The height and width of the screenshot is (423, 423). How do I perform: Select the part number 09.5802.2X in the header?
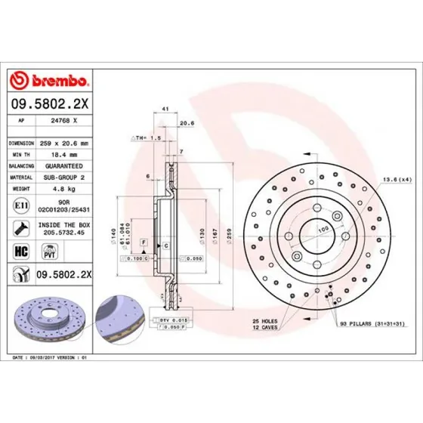49,104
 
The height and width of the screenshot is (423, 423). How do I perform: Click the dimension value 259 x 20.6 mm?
69,142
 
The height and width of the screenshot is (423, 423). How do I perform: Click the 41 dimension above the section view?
165,110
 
